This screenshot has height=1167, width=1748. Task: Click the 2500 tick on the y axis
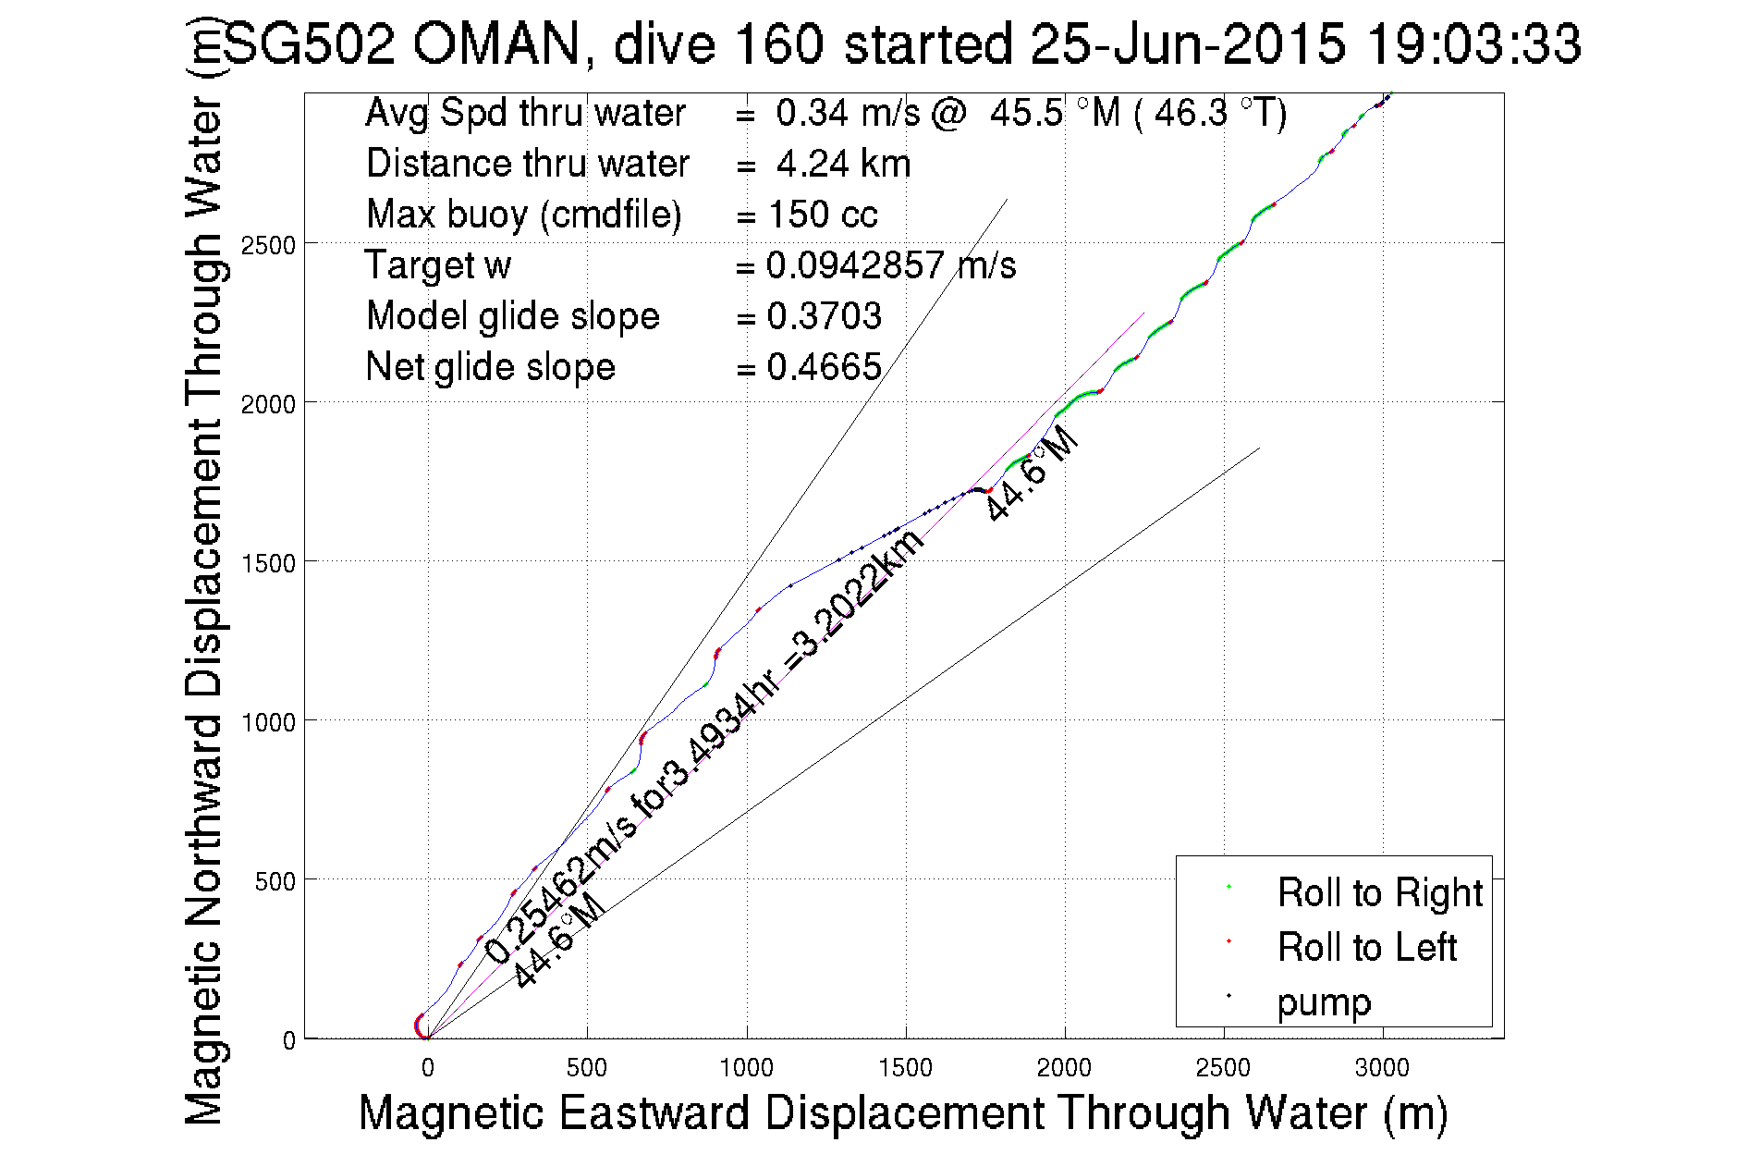click(267, 245)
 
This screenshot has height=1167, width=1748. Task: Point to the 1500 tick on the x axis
click(905, 1068)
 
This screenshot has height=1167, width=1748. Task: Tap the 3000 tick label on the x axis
click(1382, 1068)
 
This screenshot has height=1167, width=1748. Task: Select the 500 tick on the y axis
click(275, 881)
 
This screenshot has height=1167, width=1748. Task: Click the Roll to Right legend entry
click(1378, 893)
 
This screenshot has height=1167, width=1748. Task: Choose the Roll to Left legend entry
click(1366, 948)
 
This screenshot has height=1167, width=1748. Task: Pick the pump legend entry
click(1324, 1002)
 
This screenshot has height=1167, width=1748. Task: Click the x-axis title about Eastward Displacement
click(902, 1112)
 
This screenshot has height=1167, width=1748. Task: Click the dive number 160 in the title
click(788, 43)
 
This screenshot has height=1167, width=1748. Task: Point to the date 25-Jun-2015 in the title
click(1187, 43)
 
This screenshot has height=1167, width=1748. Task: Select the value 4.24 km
click(843, 164)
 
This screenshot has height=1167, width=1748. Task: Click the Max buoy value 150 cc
click(823, 215)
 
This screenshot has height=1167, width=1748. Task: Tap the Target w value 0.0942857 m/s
click(891, 265)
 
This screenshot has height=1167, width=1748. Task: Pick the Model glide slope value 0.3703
click(825, 316)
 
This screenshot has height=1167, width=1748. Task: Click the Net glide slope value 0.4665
click(825, 367)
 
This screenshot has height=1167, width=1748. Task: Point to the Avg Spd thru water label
click(525, 113)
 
